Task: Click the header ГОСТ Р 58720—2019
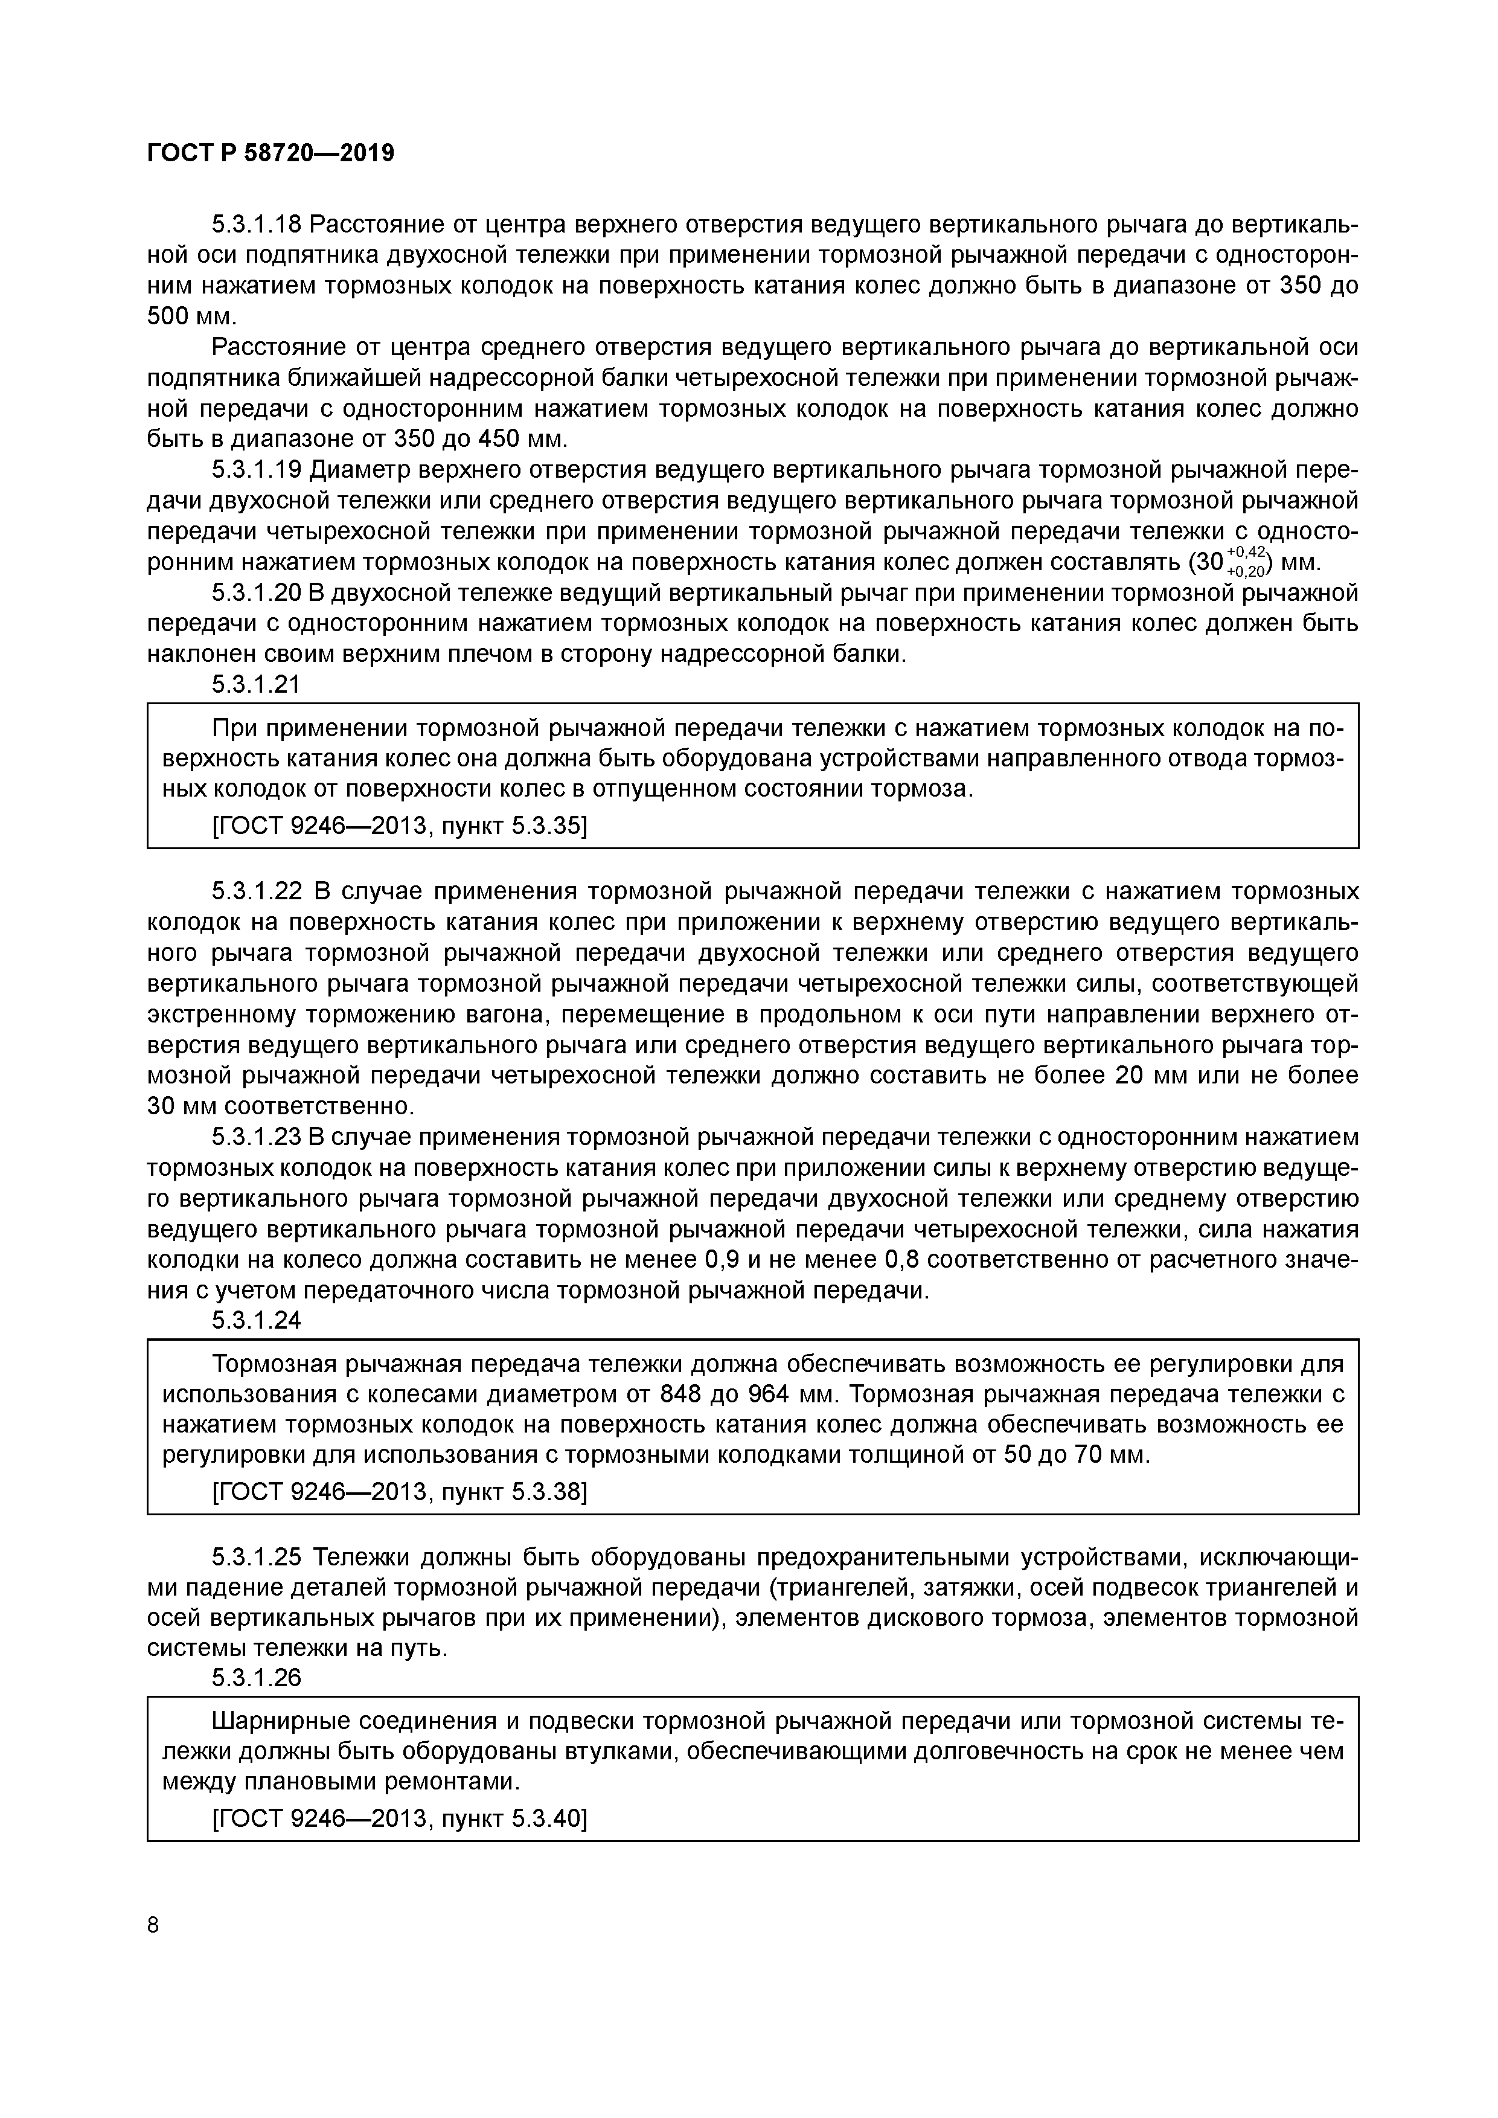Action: pos(270,153)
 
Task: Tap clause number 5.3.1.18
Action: pos(257,225)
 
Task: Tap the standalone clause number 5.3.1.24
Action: pos(257,1321)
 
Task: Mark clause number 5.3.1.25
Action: pos(257,1558)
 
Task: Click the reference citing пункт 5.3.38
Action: pos(399,1492)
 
